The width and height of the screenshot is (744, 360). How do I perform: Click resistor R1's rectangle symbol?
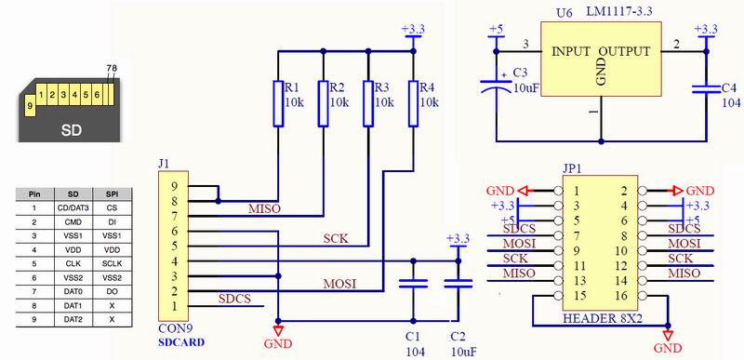(x=277, y=103)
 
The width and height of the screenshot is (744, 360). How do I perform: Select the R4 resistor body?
(x=412, y=103)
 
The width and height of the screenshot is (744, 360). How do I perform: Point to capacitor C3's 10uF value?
(x=525, y=87)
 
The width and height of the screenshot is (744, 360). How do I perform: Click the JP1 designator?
(x=573, y=169)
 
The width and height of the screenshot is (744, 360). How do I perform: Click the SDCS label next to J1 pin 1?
(x=233, y=299)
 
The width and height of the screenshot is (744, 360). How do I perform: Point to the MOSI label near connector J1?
(x=339, y=282)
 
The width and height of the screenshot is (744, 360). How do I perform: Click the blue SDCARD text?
(x=180, y=341)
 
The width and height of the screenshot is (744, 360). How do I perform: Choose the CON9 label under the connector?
(x=177, y=327)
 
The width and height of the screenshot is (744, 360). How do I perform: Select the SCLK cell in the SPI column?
(x=113, y=264)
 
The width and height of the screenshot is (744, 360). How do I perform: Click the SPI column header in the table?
(x=113, y=194)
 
